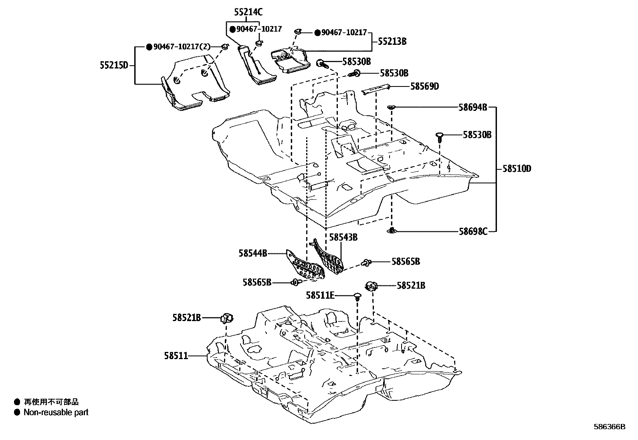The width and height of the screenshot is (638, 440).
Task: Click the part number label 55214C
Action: pyautogui.click(x=248, y=12)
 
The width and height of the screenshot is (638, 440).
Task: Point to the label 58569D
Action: pyautogui.click(x=424, y=86)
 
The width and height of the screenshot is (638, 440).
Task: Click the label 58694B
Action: pyautogui.click(x=473, y=107)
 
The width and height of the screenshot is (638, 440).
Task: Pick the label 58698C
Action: pyautogui.click(x=473, y=231)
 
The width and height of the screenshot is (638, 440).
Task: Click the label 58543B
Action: pyautogui.click(x=343, y=237)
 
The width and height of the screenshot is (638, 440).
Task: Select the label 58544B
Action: pyautogui.click(x=252, y=253)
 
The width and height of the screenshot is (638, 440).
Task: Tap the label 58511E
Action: pyautogui.click(x=320, y=295)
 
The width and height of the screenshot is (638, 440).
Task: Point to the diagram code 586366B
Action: pyautogui.click(x=609, y=427)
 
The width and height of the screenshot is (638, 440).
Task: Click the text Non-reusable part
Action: pyautogui.click(x=56, y=412)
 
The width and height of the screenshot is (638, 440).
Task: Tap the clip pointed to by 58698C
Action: pyautogui.click(x=392, y=230)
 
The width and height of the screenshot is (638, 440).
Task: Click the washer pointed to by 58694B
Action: pyautogui.click(x=391, y=107)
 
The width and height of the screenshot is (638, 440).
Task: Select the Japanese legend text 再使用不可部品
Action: pyautogui.click(x=51, y=402)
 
